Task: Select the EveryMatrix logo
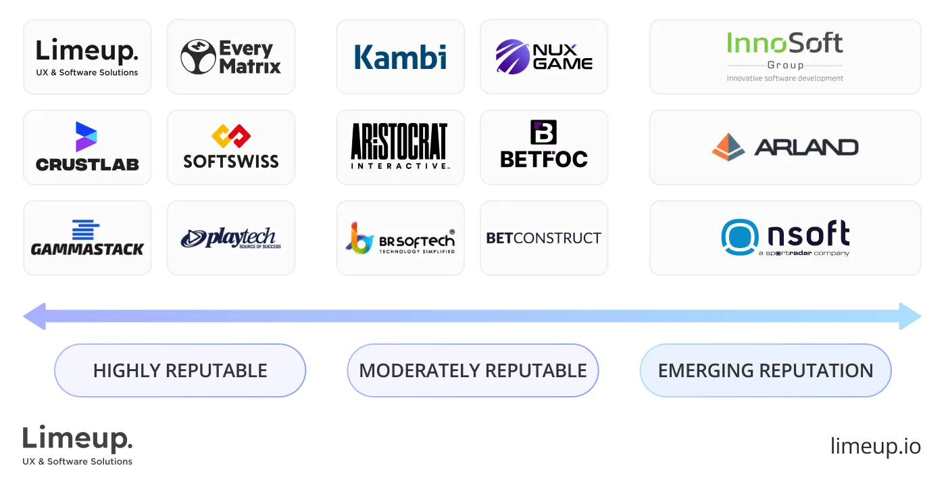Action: pos(230,56)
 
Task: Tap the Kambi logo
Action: pos(400,56)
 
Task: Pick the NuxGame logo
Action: pos(543,56)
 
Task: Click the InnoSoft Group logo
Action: pos(785,56)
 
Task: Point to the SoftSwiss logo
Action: pos(230,147)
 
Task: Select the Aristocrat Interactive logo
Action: pos(400,147)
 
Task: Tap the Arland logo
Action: pos(785,147)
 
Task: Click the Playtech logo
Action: pos(230,238)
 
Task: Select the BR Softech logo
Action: pos(400,238)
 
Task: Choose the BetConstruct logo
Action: pos(543,238)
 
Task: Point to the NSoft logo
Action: pos(785,238)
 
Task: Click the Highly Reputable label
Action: pos(180,370)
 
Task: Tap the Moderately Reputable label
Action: pos(472,370)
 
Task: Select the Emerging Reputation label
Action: pos(765,370)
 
